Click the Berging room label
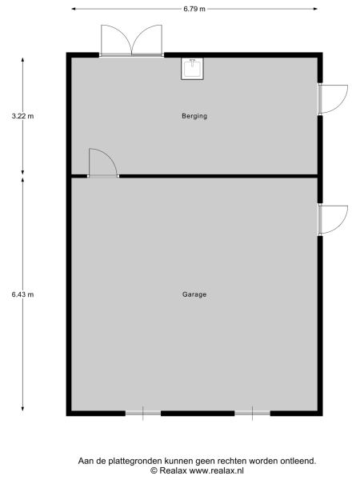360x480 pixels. point(194,116)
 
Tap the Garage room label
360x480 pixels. point(194,294)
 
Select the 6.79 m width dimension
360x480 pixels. point(194,9)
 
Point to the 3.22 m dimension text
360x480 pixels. point(22,116)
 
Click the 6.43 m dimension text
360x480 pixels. point(22,294)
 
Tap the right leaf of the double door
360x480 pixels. point(149,40)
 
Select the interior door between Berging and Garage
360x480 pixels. point(102,163)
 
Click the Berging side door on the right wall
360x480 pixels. point(332,98)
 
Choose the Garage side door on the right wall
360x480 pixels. point(332,219)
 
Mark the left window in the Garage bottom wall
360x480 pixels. point(143,413)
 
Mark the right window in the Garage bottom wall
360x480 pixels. point(252,413)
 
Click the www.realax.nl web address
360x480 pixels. point(218,470)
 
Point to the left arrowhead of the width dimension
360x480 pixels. point(74,9)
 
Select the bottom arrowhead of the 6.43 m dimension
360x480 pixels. point(22,409)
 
